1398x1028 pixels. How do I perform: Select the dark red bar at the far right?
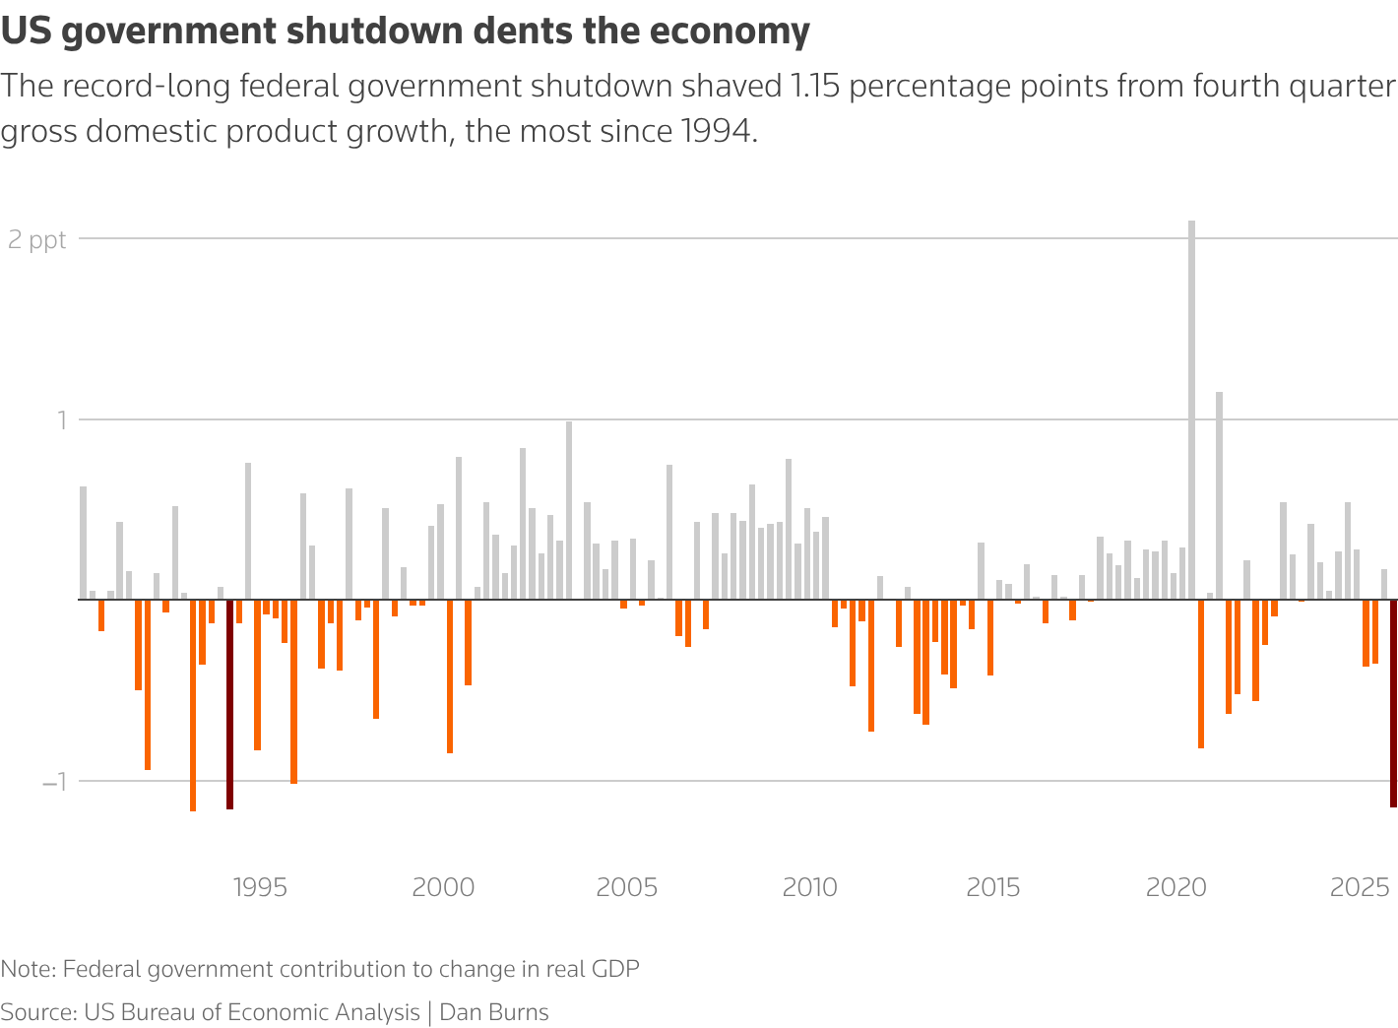pos(1393,703)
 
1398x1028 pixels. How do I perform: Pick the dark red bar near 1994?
pos(229,704)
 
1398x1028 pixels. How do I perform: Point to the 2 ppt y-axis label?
pos(37,239)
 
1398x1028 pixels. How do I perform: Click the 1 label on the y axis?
pos(58,420)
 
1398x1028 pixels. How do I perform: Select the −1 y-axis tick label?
pos(53,782)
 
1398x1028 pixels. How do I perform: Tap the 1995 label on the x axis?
pos(260,888)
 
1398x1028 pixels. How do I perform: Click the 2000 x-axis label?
pos(443,888)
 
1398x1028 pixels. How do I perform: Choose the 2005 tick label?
pos(626,888)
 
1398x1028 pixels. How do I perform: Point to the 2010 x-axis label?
pos(809,888)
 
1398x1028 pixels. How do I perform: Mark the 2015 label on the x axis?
pos(993,888)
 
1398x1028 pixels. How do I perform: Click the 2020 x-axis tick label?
pos(1176,888)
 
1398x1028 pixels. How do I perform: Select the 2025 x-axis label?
pos(1360,888)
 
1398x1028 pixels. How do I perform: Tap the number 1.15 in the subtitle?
pos(816,87)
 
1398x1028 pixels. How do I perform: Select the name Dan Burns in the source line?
pos(494,1012)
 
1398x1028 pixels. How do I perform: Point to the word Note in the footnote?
pos(27,969)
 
